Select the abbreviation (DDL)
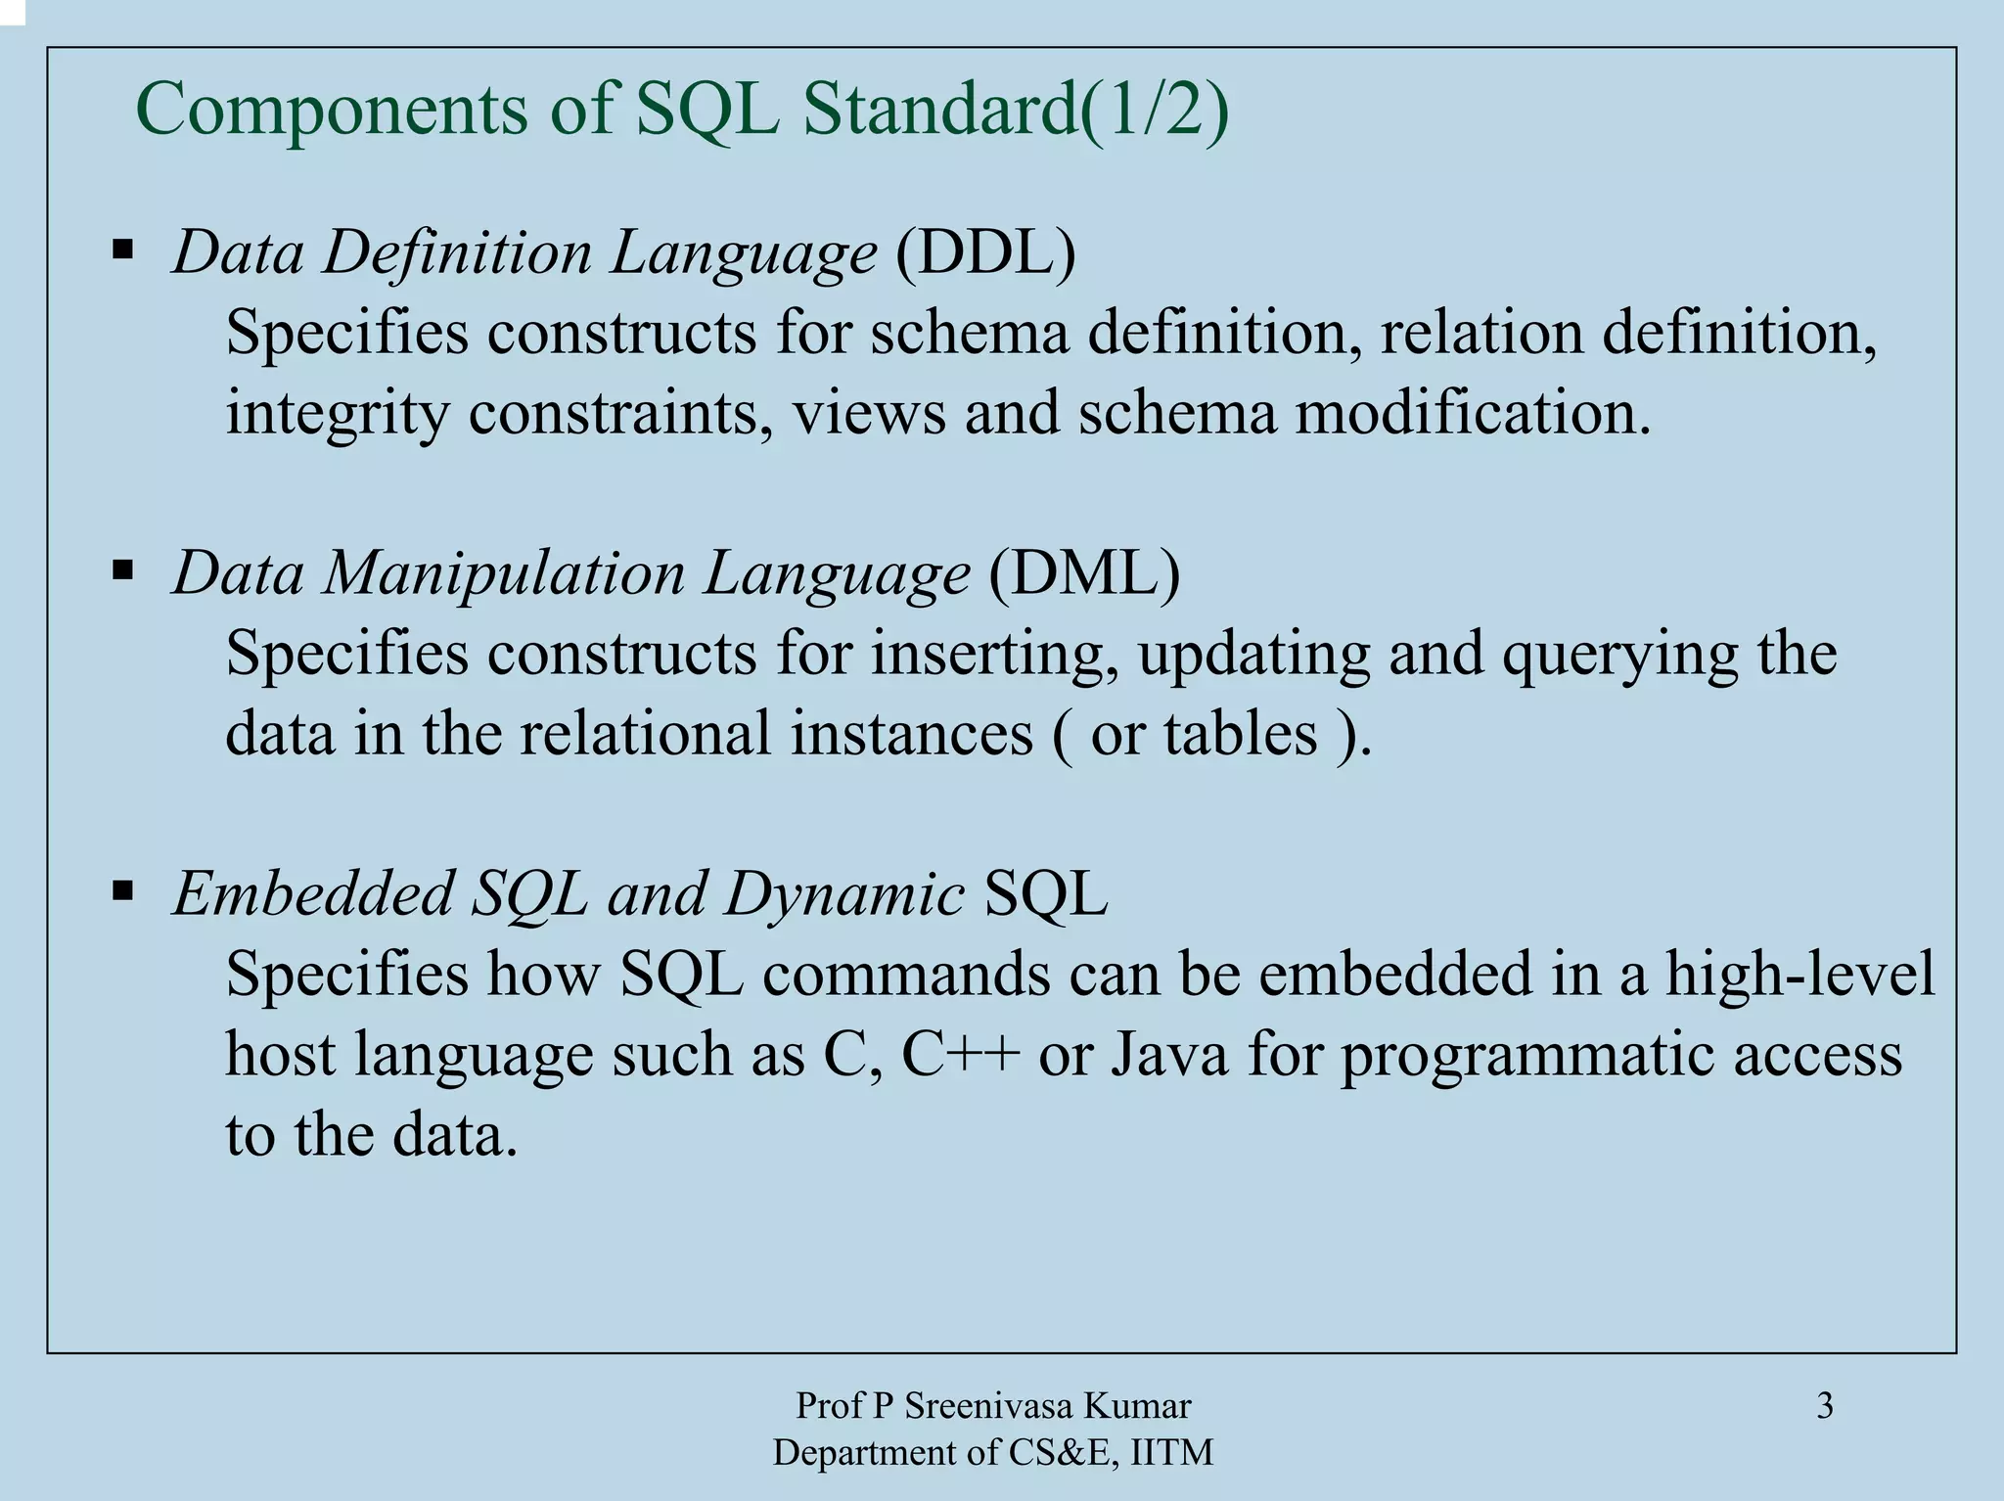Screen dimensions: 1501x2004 point(985,252)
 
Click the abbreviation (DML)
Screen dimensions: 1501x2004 point(1083,573)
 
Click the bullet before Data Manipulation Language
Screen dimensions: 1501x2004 point(123,569)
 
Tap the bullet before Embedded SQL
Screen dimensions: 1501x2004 point(123,890)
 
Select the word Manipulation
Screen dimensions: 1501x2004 point(504,573)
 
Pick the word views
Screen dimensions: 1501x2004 point(869,413)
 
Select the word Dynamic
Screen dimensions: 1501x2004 point(844,894)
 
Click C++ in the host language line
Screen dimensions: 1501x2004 point(961,1055)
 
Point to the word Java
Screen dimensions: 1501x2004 point(1168,1055)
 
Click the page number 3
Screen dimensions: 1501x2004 point(1825,1406)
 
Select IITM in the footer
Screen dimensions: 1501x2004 point(1171,1453)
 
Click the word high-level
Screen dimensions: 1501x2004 point(1800,975)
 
